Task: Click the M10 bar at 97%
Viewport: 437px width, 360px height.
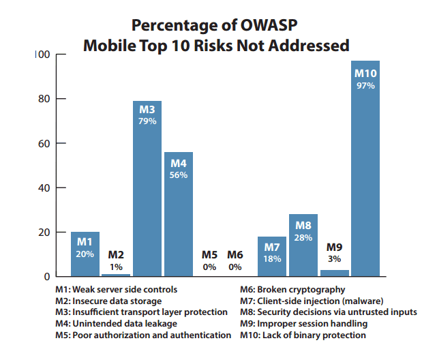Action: tap(365, 170)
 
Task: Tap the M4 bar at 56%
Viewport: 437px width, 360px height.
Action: tap(178, 215)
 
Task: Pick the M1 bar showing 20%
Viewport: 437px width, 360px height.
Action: tap(85, 254)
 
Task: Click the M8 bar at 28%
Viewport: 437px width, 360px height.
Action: tap(303, 245)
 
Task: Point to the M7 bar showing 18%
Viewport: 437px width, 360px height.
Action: tap(271, 256)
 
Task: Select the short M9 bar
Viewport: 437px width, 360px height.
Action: tap(334, 273)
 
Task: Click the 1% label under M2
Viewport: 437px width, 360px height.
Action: tap(116, 267)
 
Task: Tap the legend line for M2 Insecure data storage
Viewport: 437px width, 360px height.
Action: tap(108, 301)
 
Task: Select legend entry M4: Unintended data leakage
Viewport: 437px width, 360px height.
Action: tap(116, 323)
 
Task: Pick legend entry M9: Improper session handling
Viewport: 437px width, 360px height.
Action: tap(303, 323)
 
